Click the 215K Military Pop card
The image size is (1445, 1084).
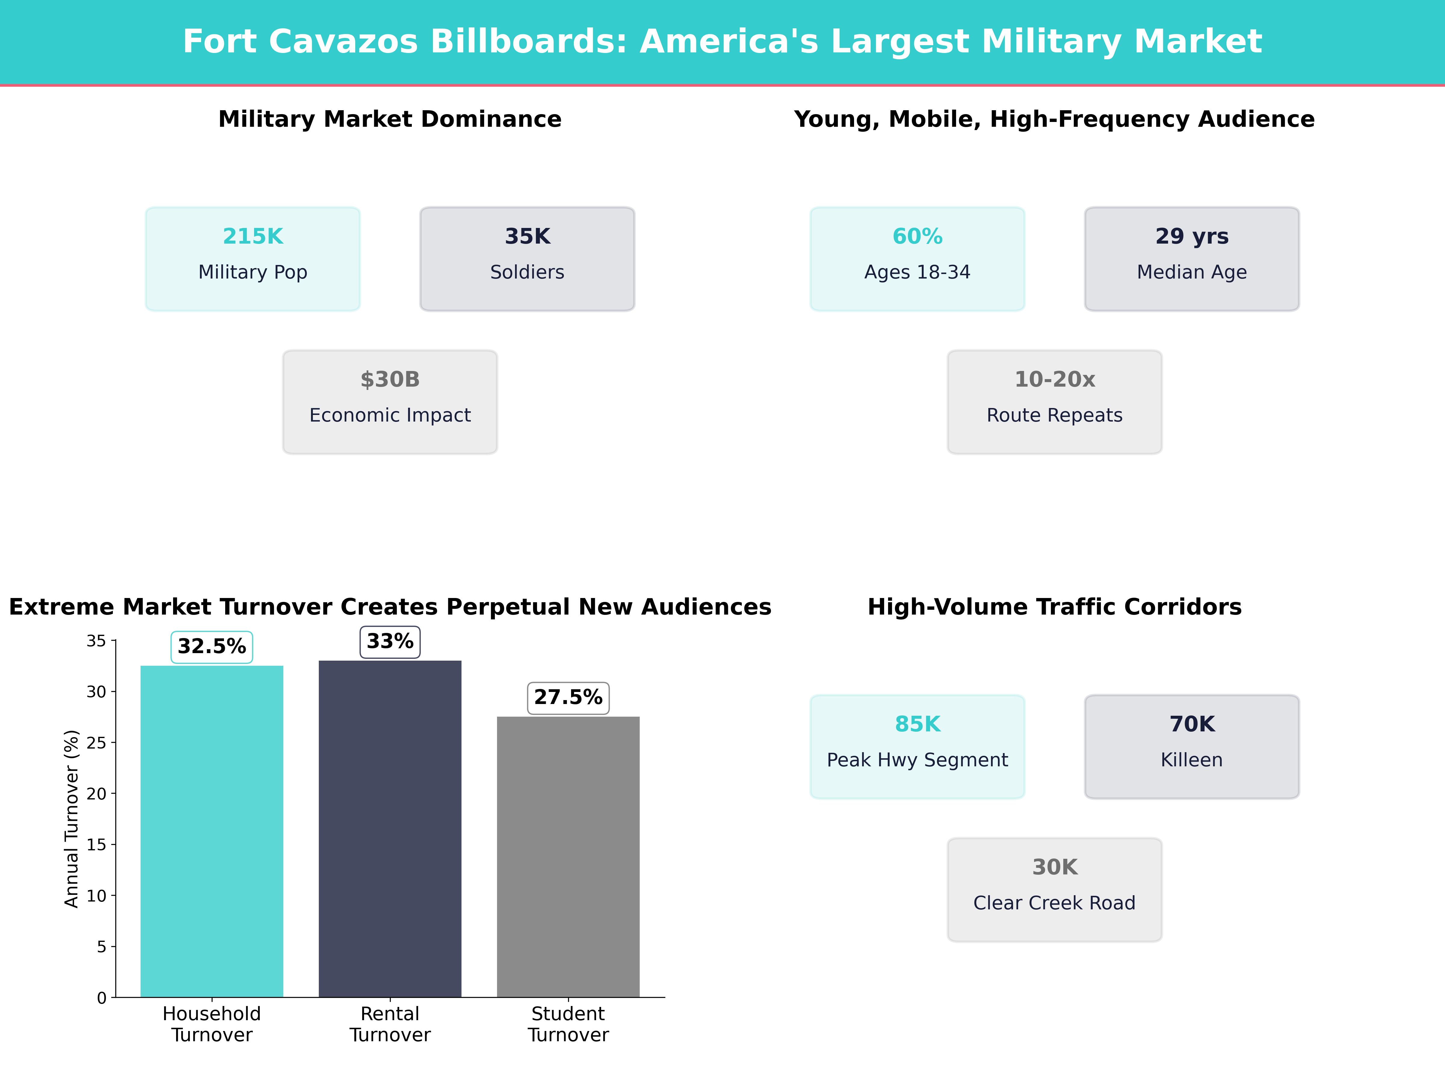coord(253,259)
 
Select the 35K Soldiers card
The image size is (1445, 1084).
coord(527,259)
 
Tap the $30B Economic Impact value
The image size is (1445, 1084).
coord(390,380)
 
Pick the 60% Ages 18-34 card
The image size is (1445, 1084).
coord(917,259)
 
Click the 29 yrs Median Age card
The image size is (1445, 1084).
coord(1192,259)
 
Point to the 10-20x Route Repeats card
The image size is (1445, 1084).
coord(1054,402)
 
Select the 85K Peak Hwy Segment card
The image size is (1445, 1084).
coord(917,746)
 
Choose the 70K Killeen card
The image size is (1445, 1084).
coord(1192,746)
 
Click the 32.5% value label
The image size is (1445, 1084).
coord(212,647)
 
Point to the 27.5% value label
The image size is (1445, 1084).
coord(568,698)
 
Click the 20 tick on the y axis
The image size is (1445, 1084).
coord(97,794)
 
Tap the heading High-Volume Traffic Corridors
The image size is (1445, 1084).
coord(1054,607)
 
